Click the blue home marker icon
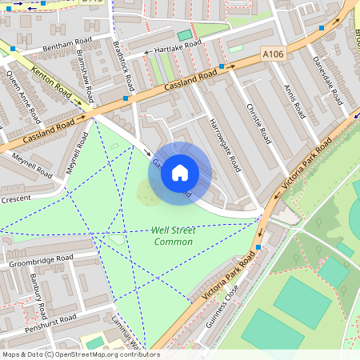180,173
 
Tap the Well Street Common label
173,236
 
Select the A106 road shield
273,54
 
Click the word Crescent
15,198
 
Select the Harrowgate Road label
224,145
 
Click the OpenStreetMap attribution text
80,354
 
